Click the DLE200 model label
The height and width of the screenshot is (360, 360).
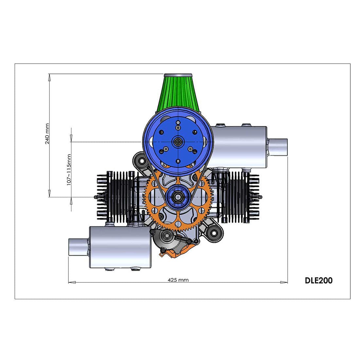point(318,280)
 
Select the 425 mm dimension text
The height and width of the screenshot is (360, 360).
point(178,280)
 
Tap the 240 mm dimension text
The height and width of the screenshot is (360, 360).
point(47,134)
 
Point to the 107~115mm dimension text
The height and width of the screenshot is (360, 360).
point(69,170)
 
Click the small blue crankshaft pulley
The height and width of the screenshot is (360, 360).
point(178,197)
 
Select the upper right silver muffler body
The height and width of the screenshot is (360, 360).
point(240,147)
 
